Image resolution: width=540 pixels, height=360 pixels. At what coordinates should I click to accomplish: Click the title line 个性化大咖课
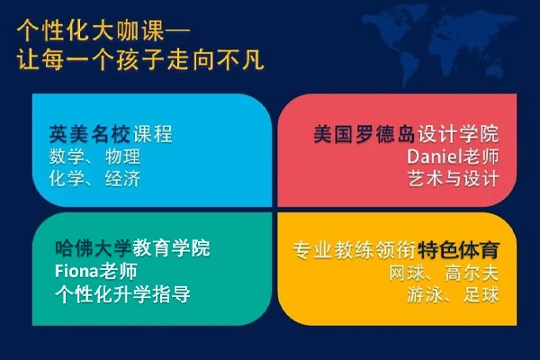click(90, 31)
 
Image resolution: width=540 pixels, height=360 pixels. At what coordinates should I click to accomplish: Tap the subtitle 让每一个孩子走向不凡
click(140, 59)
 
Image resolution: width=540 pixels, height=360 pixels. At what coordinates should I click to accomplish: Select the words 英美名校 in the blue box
click(89, 134)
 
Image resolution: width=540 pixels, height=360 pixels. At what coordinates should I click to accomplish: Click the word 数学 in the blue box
click(67, 157)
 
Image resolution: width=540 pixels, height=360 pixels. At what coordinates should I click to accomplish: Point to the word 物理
click(122, 157)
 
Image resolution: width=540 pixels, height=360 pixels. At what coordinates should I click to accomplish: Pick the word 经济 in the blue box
click(122, 179)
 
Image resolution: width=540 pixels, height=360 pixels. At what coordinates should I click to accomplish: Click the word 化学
click(67, 179)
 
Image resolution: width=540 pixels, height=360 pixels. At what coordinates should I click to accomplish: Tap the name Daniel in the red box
click(435, 157)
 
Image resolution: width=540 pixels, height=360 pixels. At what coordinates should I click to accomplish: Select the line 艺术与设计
click(454, 179)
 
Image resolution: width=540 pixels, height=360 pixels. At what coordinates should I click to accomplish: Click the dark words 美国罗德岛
click(364, 134)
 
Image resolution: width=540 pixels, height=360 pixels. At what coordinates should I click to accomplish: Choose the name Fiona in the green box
click(76, 272)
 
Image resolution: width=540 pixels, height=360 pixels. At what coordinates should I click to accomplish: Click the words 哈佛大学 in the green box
click(94, 248)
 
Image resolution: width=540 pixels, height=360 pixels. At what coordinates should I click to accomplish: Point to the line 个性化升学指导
click(122, 294)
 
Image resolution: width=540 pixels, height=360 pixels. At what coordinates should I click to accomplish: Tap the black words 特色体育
click(459, 250)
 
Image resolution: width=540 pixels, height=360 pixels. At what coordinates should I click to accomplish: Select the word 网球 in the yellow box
click(407, 274)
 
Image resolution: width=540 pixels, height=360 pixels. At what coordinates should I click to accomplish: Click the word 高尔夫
click(472, 274)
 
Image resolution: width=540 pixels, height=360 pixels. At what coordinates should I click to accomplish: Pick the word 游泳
click(424, 295)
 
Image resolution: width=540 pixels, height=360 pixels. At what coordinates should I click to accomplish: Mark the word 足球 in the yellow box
click(481, 295)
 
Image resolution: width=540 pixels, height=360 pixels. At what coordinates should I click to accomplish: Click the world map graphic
click(439, 45)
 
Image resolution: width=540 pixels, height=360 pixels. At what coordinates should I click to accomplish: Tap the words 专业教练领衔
click(355, 250)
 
